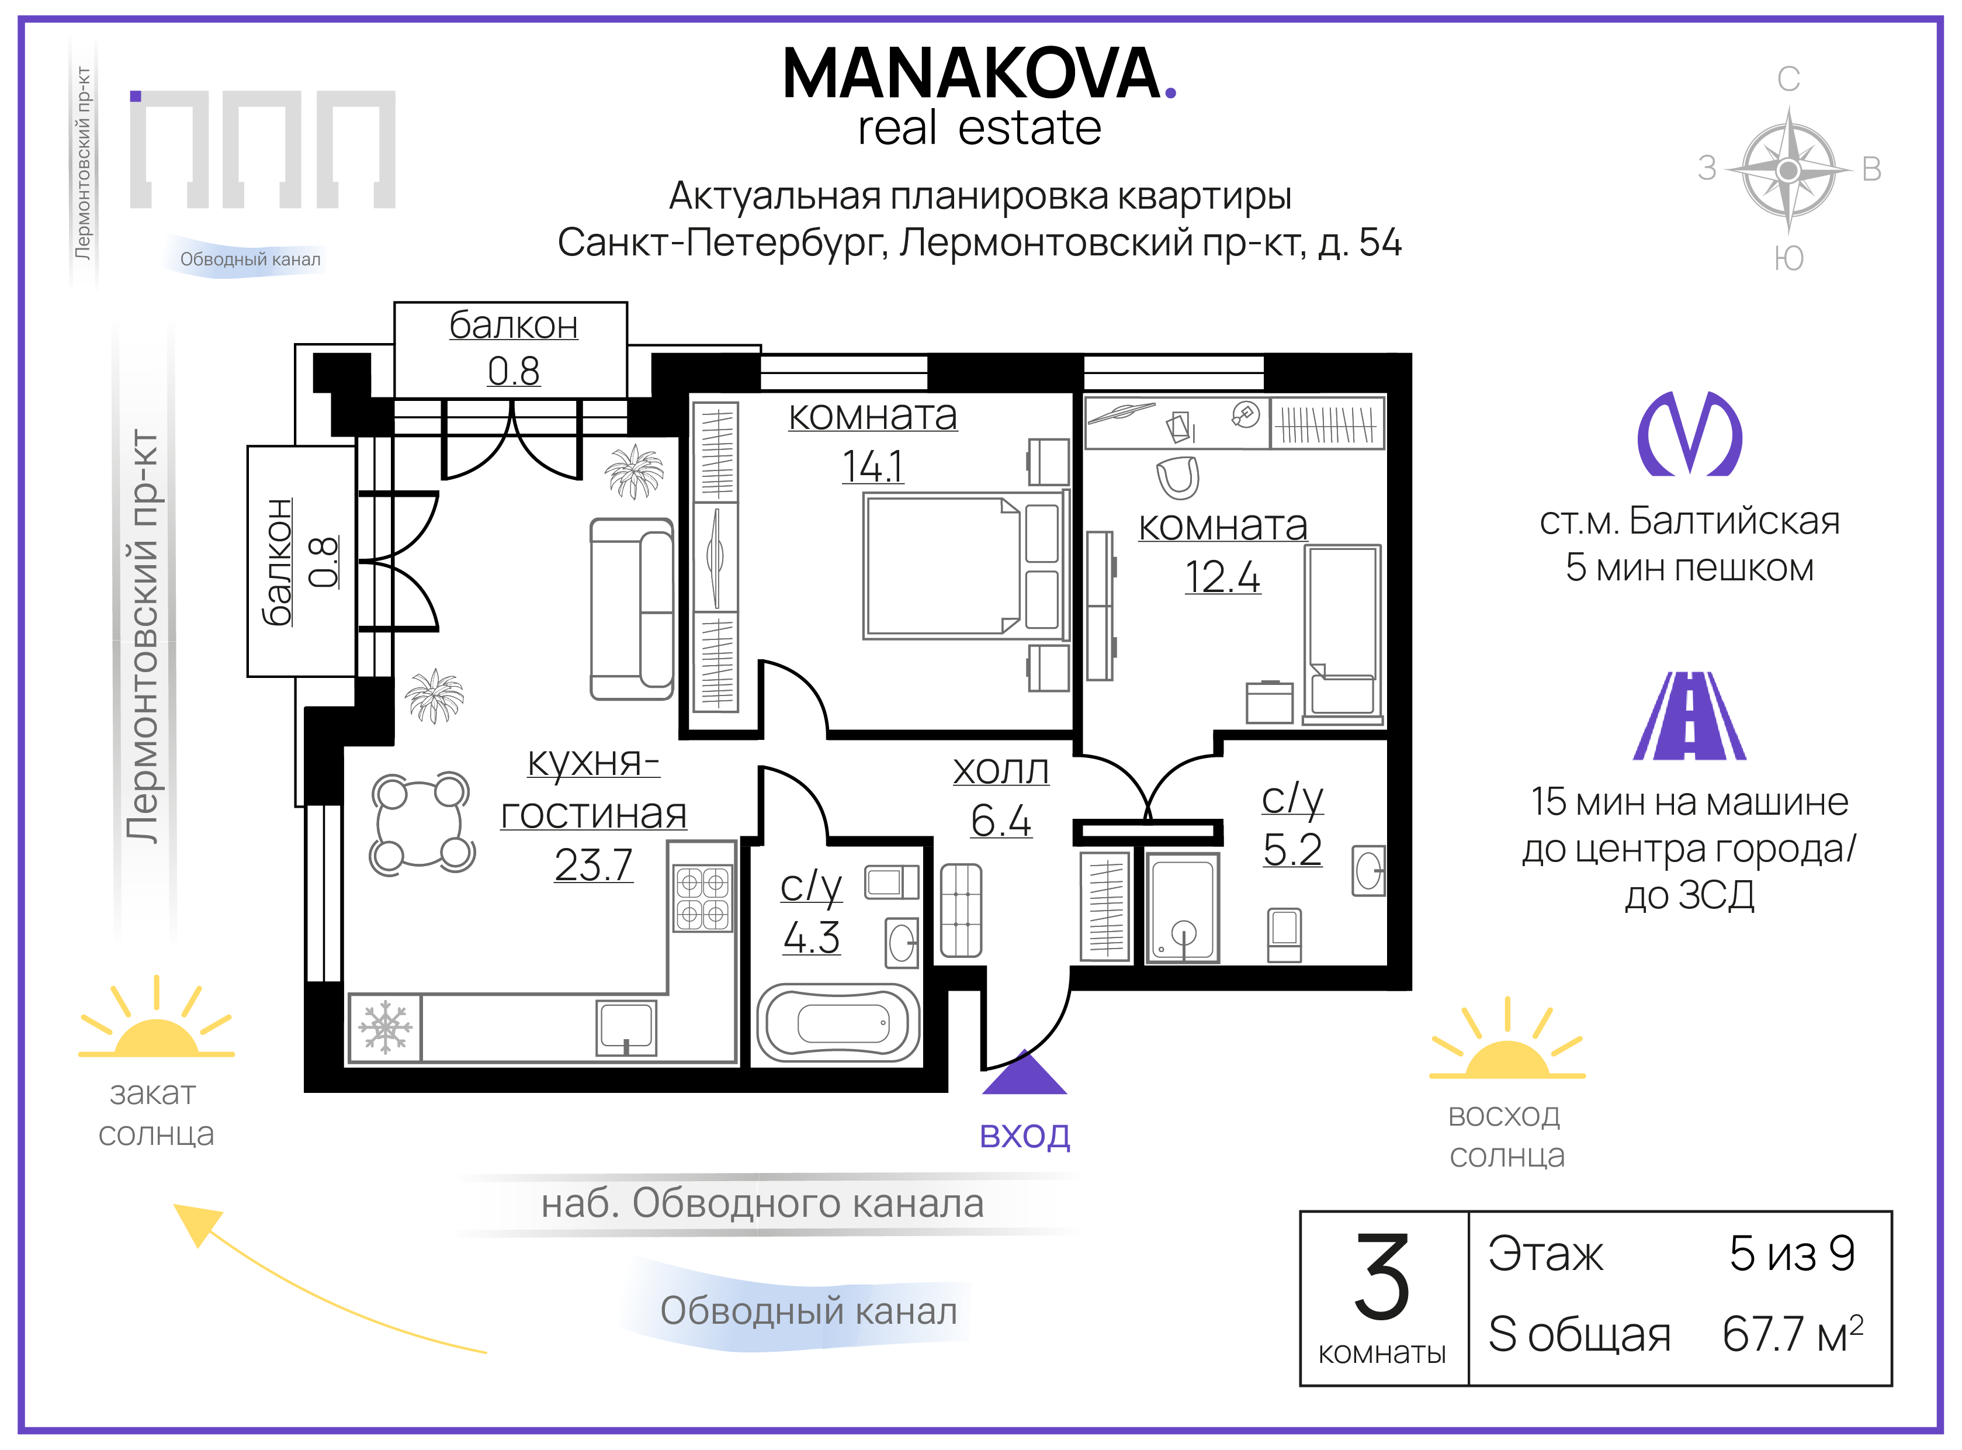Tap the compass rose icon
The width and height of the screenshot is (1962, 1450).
(1788, 170)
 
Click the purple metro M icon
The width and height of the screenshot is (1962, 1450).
(1689, 434)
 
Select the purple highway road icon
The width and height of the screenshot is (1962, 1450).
(1689, 716)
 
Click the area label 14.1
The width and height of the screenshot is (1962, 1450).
(872, 466)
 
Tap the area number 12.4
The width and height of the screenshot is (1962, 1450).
(1222, 577)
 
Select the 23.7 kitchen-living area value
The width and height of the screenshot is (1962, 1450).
(593, 864)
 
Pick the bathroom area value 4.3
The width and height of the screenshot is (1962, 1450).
(812, 937)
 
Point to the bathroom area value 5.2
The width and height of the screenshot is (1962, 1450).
(1292, 849)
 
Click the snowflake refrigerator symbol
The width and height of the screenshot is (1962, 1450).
(385, 1027)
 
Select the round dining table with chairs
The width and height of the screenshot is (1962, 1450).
(422, 823)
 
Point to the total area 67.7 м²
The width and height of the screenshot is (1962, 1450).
(1792, 1333)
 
